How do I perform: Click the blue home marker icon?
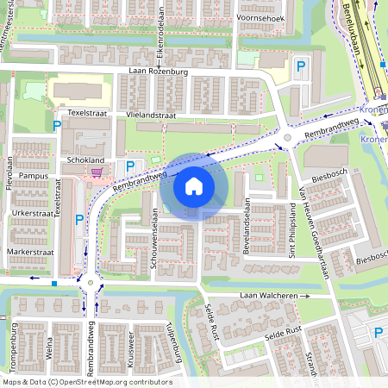click(x=194, y=185)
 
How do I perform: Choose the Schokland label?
click(x=84, y=160)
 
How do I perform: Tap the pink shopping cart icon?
click(x=97, y=172)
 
